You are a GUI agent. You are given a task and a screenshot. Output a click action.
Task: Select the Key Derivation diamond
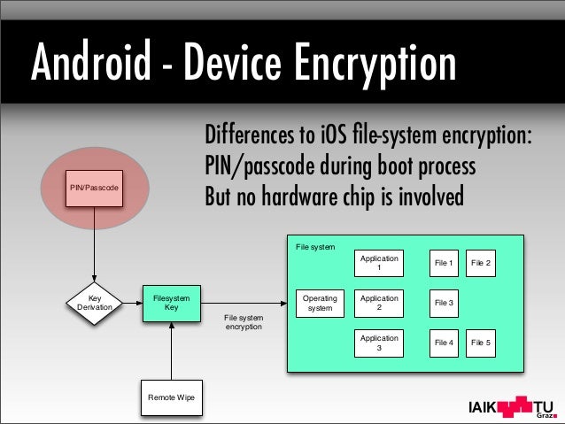click(94, 303)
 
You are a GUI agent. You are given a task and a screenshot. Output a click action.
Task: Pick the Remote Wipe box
click(172, 397)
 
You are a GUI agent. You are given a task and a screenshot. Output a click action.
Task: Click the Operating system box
click(320, 304)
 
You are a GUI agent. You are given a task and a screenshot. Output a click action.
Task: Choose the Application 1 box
click(379, 263)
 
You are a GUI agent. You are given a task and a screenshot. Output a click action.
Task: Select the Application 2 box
click(379, 304)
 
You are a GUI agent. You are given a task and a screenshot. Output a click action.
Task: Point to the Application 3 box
click(379, 343)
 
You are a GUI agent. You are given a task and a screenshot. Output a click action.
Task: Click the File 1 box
click(444, 263)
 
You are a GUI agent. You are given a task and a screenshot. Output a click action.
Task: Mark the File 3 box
click(444, 304)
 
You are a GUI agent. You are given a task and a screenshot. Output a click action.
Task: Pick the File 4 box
click(444, 343)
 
